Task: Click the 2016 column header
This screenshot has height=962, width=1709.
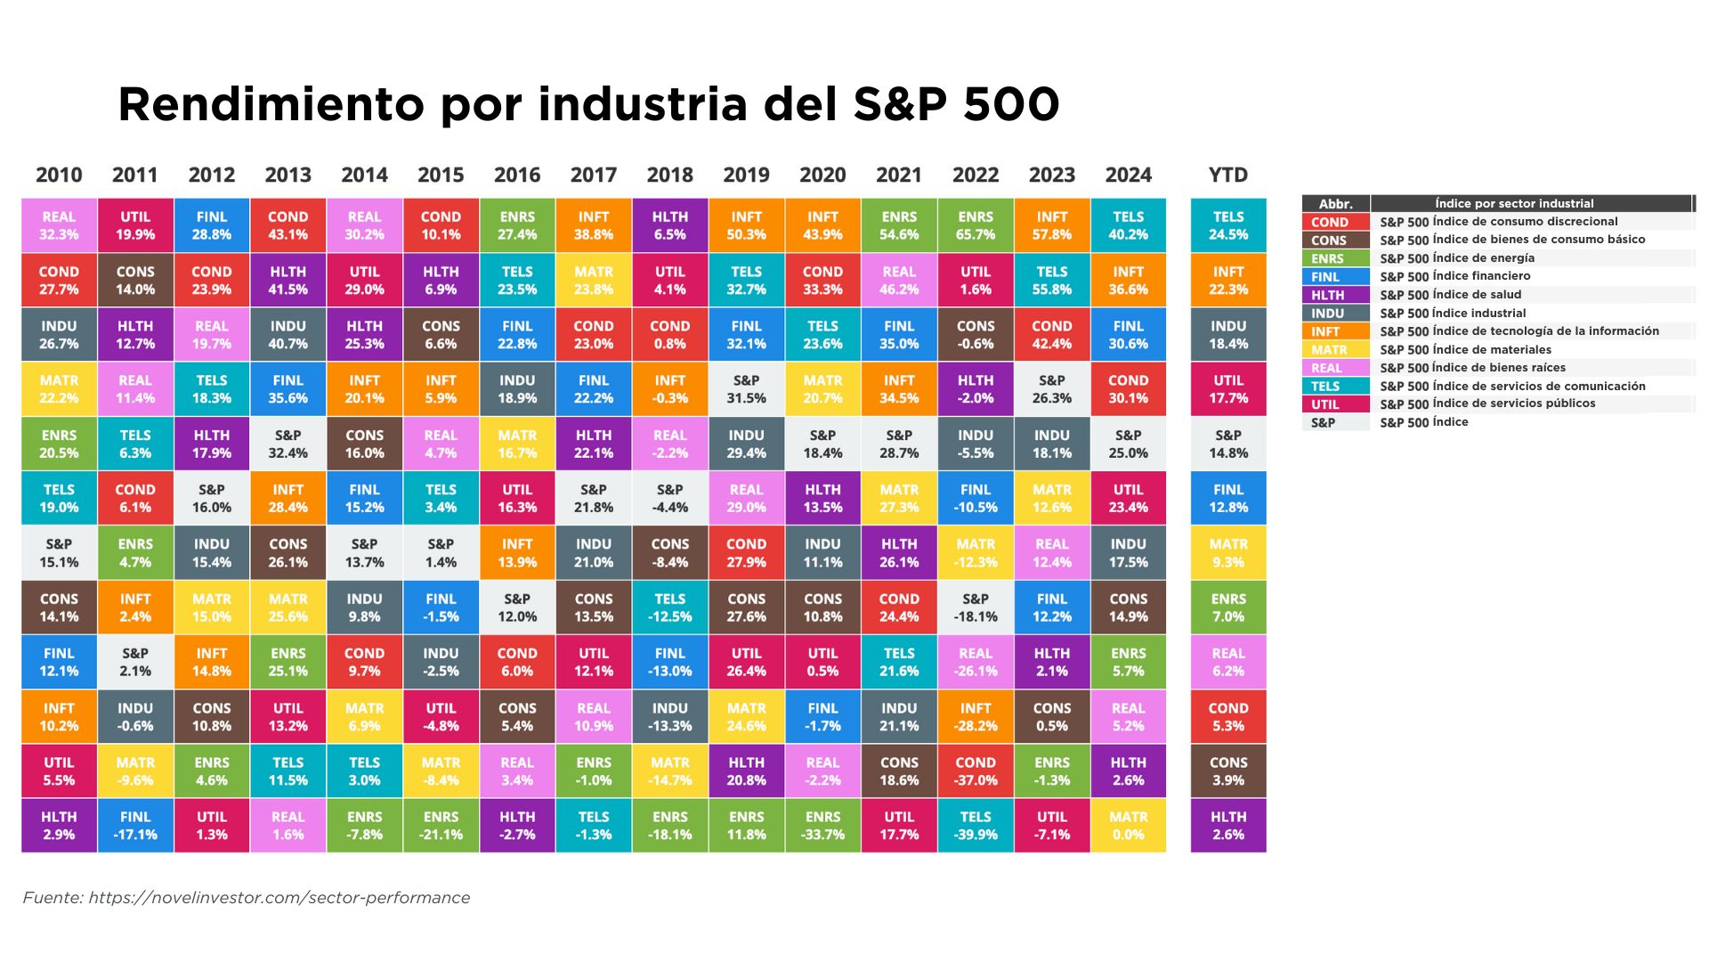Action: coord(517,175)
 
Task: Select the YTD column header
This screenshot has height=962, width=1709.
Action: coord(1228,175)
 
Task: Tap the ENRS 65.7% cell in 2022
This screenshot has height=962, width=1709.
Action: coord(976,225)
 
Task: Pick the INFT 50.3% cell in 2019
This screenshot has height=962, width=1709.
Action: coord(746,225)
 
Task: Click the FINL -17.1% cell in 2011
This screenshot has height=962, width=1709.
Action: coord(135,826)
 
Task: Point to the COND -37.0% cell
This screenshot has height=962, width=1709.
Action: coord(976,771)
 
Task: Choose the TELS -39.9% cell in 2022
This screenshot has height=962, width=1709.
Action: coord(976,826)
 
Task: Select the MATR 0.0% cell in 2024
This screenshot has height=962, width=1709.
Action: coord(1129,826)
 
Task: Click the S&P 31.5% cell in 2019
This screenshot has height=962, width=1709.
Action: coord(746,389)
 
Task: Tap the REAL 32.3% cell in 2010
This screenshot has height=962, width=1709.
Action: coord(59,225)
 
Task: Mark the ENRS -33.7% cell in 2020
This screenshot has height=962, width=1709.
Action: coord(822,826)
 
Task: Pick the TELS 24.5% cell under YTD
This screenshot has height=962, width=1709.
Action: coord(1228,225)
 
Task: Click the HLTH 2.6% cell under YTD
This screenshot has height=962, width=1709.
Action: coord(1228,826)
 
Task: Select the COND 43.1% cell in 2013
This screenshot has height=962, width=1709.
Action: coord(288,225)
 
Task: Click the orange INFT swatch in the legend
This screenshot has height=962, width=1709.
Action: coord(1335,331)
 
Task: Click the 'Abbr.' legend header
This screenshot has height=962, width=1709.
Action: coord(1335,204)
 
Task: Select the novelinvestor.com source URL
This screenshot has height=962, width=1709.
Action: coord(279,898)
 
